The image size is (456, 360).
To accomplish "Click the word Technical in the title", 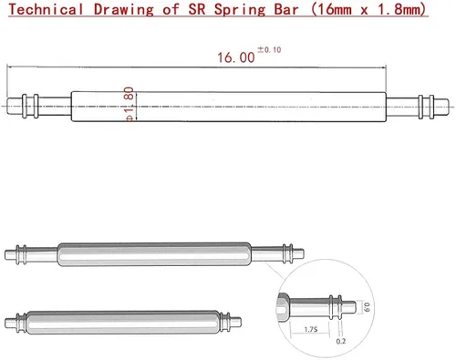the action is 46,9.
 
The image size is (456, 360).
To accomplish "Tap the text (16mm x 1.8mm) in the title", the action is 369,10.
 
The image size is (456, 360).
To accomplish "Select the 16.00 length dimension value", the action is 236,57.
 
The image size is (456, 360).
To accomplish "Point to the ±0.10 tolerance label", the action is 269,49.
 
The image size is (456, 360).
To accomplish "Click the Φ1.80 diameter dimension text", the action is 130,104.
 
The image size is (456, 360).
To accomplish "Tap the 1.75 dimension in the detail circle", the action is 311,329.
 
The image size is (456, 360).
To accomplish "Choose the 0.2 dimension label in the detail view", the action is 341,341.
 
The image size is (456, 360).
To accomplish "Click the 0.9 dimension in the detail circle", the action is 368,307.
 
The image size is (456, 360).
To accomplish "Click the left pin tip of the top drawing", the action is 8,106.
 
